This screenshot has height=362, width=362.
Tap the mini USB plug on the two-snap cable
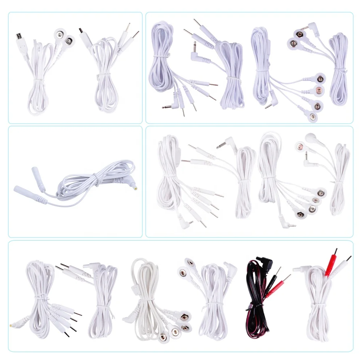(20, 37)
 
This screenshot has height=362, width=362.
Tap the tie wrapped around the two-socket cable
(96, 177)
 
